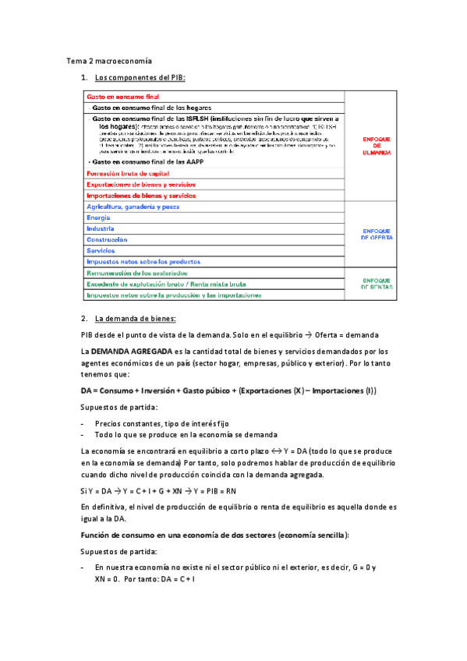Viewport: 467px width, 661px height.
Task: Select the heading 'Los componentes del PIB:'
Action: (140, 78)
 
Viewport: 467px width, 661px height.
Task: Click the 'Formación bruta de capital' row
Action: (128, 173)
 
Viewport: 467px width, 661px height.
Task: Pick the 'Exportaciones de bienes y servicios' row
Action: (140, 184)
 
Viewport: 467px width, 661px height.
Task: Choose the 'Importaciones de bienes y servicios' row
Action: (140, 196)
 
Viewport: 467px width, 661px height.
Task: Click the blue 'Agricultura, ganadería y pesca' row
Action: (138, 207)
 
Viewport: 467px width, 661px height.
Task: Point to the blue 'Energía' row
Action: (98, 217)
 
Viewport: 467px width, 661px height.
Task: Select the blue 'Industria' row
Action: (101, 228)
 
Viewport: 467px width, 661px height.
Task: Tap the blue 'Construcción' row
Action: (107, 240)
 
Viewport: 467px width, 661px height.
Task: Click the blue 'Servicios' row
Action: (101, 251)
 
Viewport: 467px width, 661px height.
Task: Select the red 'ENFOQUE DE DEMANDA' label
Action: (371, 146)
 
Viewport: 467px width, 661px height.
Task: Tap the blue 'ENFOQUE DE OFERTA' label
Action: (371, 234)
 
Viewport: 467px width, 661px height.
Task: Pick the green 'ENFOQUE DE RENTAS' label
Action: (371, 284)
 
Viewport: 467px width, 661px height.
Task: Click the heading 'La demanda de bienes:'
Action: (135, 319)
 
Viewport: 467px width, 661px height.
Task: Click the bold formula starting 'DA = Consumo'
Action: (228, 391)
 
